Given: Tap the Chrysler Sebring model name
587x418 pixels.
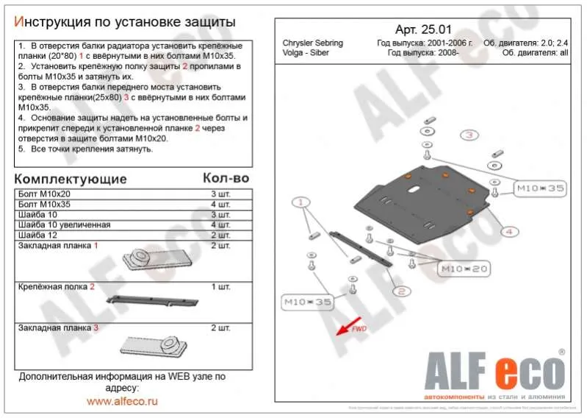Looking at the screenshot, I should click(x=312, y=43).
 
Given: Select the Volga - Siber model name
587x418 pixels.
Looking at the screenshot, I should click(x=308, y=54).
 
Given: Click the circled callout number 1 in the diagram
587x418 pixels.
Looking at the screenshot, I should click(x=300, y=202).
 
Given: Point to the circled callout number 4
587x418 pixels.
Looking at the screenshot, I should click(x=507, y=232).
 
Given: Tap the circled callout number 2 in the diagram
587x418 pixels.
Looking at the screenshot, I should click(x=401, y=291).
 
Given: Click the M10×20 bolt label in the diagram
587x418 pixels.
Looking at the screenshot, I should click(x=464, y=269).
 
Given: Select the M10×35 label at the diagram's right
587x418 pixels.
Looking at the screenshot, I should click(x=539, y=189).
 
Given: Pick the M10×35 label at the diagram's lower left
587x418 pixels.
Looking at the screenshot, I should click(x=308, y=302).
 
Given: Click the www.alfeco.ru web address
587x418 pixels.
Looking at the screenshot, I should click(x=123, y=401).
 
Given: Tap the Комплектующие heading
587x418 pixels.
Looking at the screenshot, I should click(x=71, y=179).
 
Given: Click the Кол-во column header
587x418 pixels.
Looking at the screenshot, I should click(x=226, y=178).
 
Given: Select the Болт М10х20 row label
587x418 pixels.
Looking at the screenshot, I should click(x=45, y=194).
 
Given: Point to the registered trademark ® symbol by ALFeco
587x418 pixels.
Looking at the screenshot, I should click(x=562, y=353).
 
